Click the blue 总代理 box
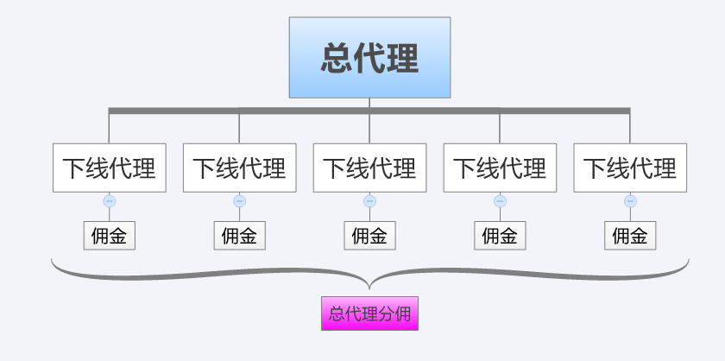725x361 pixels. pos(370,57)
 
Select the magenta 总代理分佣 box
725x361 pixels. pos(370,313)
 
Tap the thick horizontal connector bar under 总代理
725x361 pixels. pos(369,111)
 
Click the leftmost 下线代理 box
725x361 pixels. pos(109,168)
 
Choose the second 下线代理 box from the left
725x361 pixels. pos(240,168)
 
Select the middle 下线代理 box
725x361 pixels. pos(370,168)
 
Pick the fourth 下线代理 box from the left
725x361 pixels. pos(500,168)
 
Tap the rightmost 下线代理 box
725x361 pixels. pos(630,168)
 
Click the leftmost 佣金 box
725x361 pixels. pos(109,236)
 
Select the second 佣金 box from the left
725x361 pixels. pos(240,236)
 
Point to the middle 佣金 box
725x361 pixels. pos(370,236)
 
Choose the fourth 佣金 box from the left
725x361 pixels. pos(500,236)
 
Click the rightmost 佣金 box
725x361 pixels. pos(630,236)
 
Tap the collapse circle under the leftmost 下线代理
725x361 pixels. pos(109,201)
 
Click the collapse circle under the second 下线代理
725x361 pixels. pos(240,201)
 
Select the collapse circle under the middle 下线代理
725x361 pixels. pos(370,201)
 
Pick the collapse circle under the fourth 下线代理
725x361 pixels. pos(500,201)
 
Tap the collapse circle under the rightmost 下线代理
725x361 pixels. pos(630,201)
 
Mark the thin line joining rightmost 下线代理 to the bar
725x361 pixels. pos(630,129)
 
